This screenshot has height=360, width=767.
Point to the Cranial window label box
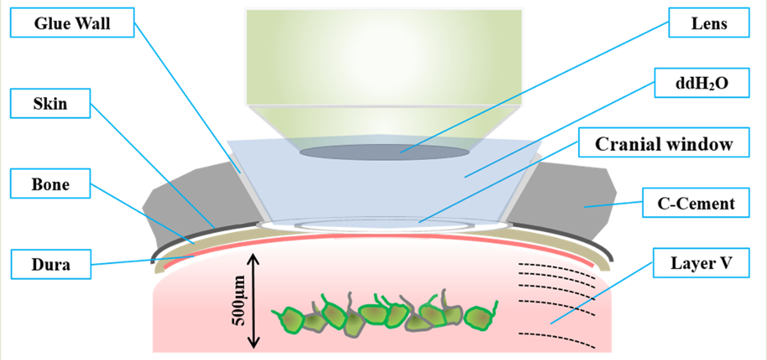point(663,144)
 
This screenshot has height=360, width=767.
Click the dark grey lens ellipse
point(383,152)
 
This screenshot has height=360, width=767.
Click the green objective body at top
point(383,58)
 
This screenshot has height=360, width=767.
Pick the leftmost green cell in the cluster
point(291,318)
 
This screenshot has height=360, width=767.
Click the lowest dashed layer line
point(556,339)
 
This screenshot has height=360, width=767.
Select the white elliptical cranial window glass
point(383,224)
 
